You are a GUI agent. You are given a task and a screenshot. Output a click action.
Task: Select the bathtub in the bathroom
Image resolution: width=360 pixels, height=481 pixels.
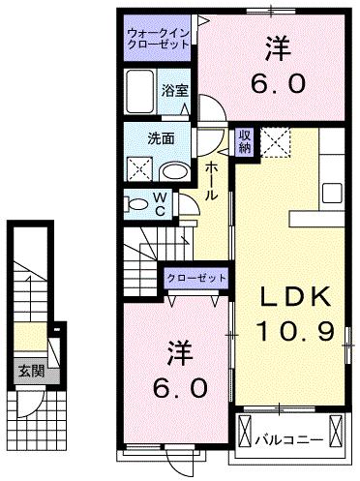[143, 92]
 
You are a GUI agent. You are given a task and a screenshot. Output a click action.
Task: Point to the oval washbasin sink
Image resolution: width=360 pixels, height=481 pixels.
[175, 171]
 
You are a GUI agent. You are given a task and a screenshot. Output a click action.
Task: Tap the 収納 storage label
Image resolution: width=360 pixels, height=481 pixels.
[246, 141]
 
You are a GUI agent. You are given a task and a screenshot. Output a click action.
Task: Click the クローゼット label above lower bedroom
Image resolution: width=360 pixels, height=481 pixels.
[195, 278]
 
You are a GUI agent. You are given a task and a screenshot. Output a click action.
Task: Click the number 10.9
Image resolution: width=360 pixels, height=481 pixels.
[295, 332]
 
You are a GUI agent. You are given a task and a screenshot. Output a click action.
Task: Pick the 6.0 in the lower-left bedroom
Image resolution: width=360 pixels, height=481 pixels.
[178, 388]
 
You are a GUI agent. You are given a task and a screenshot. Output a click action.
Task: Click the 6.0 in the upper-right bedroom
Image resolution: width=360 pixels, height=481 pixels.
[282, 83]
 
